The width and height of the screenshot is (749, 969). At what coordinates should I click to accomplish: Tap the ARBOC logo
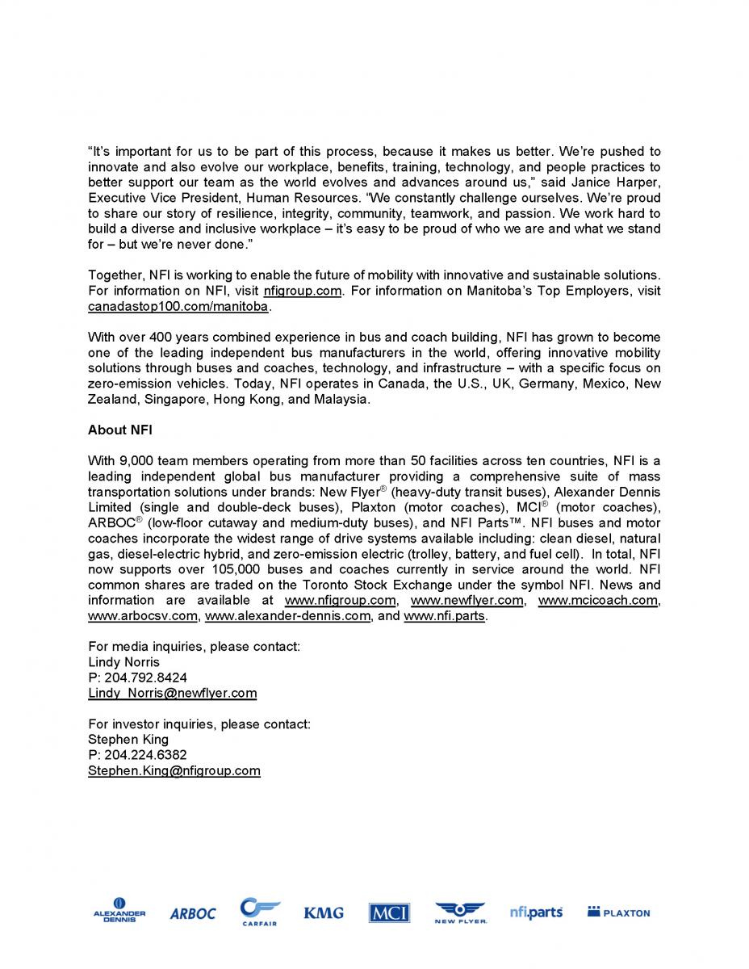point(193,913)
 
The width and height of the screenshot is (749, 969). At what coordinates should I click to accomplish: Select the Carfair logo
point(260,912)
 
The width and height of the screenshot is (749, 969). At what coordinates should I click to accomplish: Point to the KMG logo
point(324,912)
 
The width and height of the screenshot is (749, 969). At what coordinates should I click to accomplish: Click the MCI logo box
point(389,913)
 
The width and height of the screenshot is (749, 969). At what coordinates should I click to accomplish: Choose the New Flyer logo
point(460,912)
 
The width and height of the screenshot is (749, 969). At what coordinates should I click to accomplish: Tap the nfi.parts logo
point(536,912)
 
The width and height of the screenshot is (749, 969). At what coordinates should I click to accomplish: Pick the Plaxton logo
point(618,912)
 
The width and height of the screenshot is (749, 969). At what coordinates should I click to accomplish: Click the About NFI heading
point(120,430)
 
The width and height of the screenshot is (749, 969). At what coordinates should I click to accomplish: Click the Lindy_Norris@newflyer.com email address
point(172,693)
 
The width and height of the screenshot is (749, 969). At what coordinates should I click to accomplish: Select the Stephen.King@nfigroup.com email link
point(174,770)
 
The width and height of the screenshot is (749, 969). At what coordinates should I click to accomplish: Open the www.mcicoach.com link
point(597,600)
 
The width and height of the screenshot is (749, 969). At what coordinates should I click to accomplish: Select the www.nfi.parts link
point(444,616)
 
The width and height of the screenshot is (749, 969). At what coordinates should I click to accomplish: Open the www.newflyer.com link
point(467,600)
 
